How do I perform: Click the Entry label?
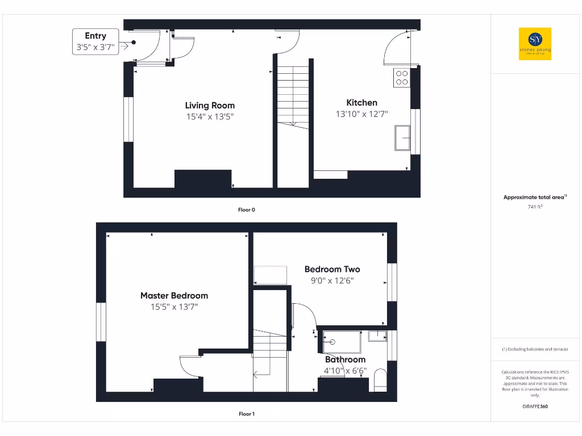pos(95,36)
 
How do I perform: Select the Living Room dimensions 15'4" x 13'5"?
pos(210,116)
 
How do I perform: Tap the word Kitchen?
pos(361,103)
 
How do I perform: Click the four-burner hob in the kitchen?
pos(402,77)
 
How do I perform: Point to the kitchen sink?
pos(403,138)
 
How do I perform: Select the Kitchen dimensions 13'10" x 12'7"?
pos(361,114)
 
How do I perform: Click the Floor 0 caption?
pos(246,209)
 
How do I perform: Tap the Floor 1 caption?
pos(246,414)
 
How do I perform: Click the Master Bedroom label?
pos(174,296)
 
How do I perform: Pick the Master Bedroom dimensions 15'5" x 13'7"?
pos(174,307)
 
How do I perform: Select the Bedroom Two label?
pos(332,269)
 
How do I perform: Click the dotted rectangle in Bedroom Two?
pos(270,275)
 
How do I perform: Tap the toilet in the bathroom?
pos(381,380)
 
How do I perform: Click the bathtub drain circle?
pos(333,342)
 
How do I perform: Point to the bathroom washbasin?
pos(377,336)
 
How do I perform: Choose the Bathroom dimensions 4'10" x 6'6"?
pos(345,371)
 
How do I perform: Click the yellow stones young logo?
pos(535,44)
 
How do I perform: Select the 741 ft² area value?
pos(535,207)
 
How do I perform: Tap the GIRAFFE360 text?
pos(535,406)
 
